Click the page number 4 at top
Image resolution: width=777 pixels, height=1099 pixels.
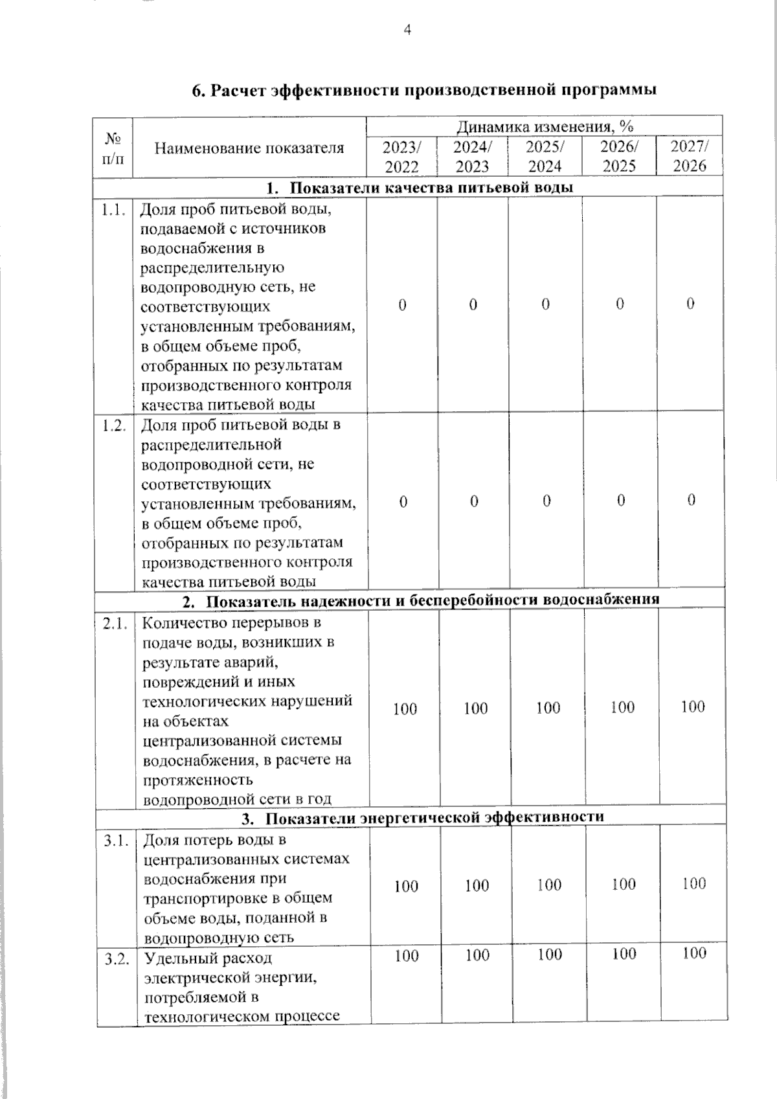407,30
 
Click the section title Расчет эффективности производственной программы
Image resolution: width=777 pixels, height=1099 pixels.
424,90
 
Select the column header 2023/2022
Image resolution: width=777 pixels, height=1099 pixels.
401,156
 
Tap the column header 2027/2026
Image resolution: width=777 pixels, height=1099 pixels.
689,155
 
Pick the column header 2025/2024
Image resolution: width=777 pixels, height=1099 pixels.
545,156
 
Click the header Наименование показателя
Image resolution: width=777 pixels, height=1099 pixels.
249,148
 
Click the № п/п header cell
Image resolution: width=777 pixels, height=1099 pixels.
113,148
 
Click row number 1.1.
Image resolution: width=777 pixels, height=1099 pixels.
113,209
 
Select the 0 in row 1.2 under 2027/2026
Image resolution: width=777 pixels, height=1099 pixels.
691,500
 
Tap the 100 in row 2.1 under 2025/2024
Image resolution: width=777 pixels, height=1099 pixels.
548,708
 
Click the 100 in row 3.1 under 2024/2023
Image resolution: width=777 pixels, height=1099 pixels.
477,885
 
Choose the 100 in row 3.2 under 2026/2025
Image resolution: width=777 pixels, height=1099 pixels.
624,954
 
